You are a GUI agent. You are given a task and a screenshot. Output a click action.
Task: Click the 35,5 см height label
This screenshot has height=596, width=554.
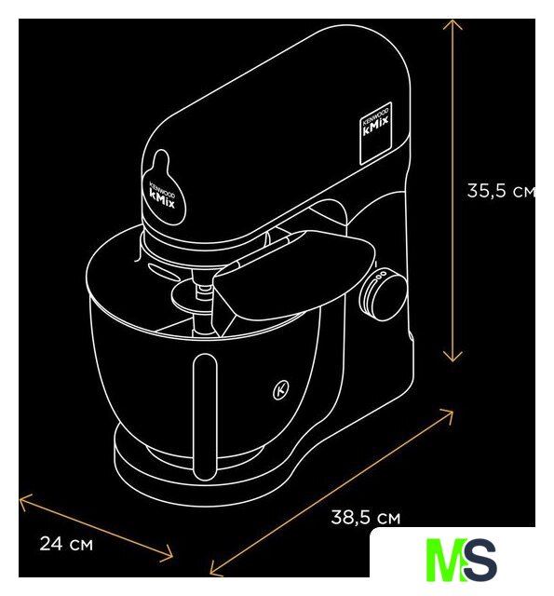(x=501, y=190)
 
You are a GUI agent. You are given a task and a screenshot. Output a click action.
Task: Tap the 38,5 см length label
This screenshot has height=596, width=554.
(x=366, y=518)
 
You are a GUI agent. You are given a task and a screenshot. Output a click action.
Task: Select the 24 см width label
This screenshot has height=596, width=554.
(x=66, y=544)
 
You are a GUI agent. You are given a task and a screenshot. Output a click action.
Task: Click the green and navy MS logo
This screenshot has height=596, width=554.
(x=461, y=559)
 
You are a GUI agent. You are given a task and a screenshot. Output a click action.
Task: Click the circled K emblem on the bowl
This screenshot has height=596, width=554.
(x=281, y=389)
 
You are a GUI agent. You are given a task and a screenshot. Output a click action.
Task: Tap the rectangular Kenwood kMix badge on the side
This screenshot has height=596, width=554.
(x=375, y=133)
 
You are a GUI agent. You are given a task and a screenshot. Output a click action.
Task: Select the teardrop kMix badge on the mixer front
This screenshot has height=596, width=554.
(x=163, y=189)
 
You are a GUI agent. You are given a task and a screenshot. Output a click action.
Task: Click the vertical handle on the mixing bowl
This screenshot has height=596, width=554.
(x=205, y=416)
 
